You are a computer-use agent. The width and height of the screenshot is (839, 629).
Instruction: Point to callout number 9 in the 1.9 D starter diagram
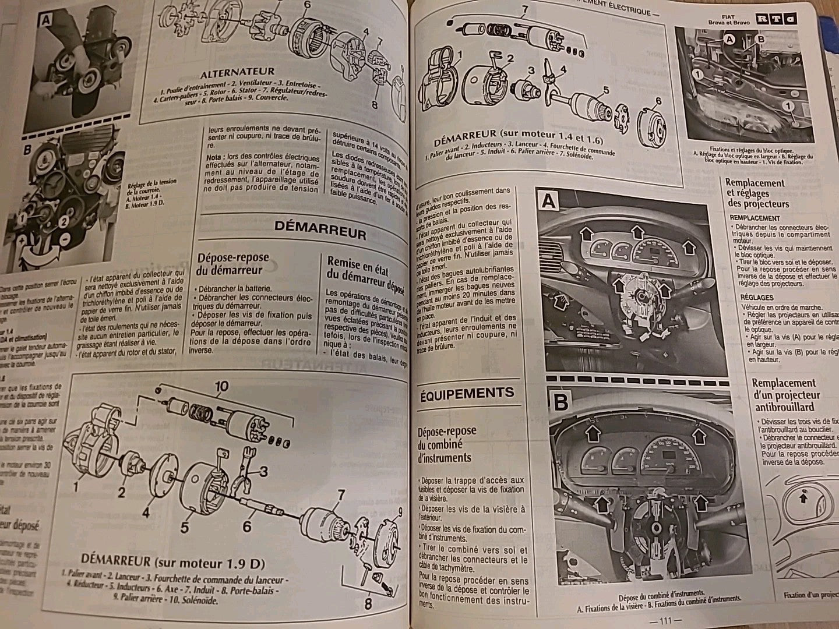pos(401,513)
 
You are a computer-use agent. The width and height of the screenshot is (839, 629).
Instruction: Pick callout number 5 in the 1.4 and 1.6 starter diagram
pos(606,90)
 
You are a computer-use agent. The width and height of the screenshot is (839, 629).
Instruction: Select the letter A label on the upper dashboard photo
pos(549,202)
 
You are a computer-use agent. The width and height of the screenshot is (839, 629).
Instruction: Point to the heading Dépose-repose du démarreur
pos(232,263)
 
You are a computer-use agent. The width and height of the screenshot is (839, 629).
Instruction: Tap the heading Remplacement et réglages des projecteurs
pos(757,193)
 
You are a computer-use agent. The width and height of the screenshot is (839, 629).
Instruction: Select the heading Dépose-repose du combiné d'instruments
pos(446,444)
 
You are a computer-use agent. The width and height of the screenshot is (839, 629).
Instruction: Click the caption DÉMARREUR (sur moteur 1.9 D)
pos(173,563)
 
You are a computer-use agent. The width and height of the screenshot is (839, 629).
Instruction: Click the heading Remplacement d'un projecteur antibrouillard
pos(784,394)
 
